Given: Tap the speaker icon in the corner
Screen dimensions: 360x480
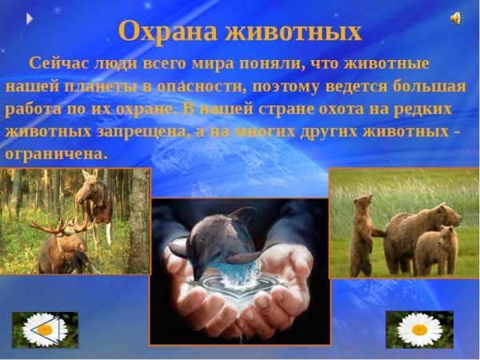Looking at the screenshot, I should [x=456, y=18].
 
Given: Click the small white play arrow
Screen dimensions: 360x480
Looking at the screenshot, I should [x=30, y=18].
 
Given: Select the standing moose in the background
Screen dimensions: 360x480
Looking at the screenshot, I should [x=94, y=204].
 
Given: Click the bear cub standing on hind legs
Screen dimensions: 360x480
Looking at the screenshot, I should [x=365, y=232].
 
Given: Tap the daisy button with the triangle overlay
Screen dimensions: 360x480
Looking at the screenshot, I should [x=45, y=329].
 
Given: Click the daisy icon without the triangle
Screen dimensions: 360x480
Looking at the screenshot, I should [x=419, y=329].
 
